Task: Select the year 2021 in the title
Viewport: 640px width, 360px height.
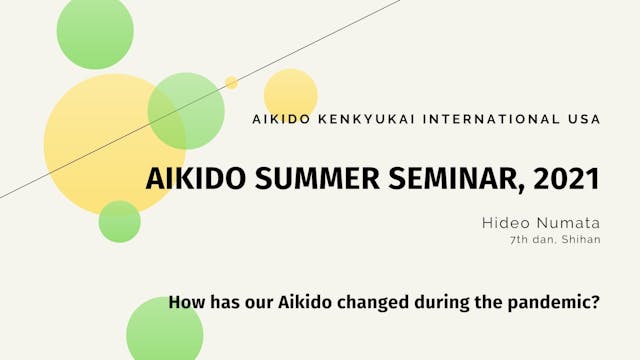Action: pos(566,180)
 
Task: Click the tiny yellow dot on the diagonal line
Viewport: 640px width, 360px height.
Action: pos(231,83)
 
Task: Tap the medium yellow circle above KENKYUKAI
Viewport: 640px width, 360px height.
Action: pos(291,94)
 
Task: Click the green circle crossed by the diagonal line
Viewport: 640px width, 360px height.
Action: pos(186,111)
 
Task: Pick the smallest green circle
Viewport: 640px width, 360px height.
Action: pos(119,221)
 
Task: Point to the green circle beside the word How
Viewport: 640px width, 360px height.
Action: pos(164,331)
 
